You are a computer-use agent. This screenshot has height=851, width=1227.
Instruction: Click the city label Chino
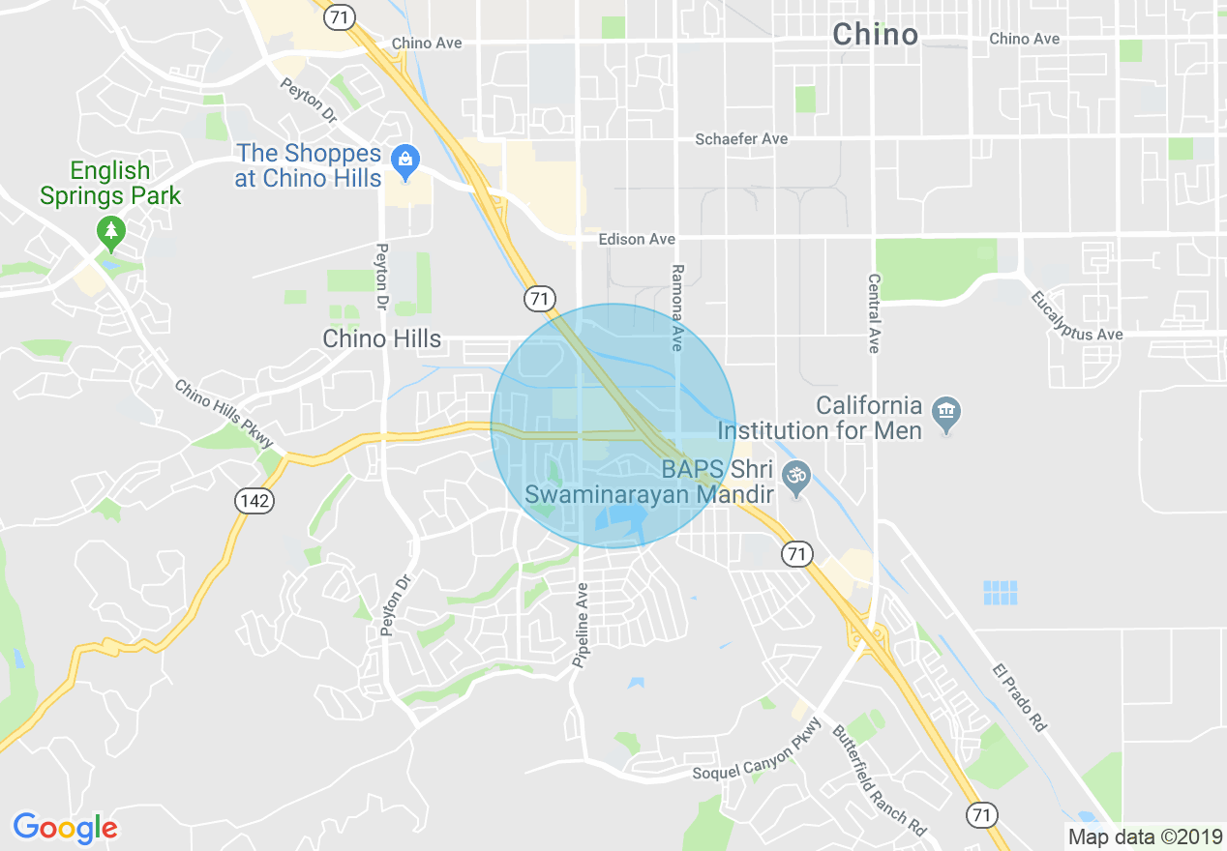[x=875, y=35]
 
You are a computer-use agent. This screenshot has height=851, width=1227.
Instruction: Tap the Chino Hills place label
[x=381, y=339]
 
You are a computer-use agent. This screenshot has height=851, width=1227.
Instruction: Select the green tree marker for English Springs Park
[x=112, y=231]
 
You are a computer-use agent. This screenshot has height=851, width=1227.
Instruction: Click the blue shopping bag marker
[x=404, y=159]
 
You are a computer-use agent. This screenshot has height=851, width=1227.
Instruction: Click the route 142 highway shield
[x=254, y=500]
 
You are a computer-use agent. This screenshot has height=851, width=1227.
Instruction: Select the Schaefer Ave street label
[x=741, y=139]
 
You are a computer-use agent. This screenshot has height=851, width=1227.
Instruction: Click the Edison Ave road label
[x=636, y=239]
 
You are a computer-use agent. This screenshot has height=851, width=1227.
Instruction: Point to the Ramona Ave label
[x=677, y=308]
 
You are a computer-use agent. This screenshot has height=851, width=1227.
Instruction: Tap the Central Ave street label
[x=874, y=311]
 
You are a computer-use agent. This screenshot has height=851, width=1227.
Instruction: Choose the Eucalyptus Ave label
[x=1076, y=316]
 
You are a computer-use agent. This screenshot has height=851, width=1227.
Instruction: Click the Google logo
[x=65, y=828]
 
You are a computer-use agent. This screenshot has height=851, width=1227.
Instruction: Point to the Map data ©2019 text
[x=1143, y=836]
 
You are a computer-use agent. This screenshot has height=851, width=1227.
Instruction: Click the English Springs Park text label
[x=110, y=184]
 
